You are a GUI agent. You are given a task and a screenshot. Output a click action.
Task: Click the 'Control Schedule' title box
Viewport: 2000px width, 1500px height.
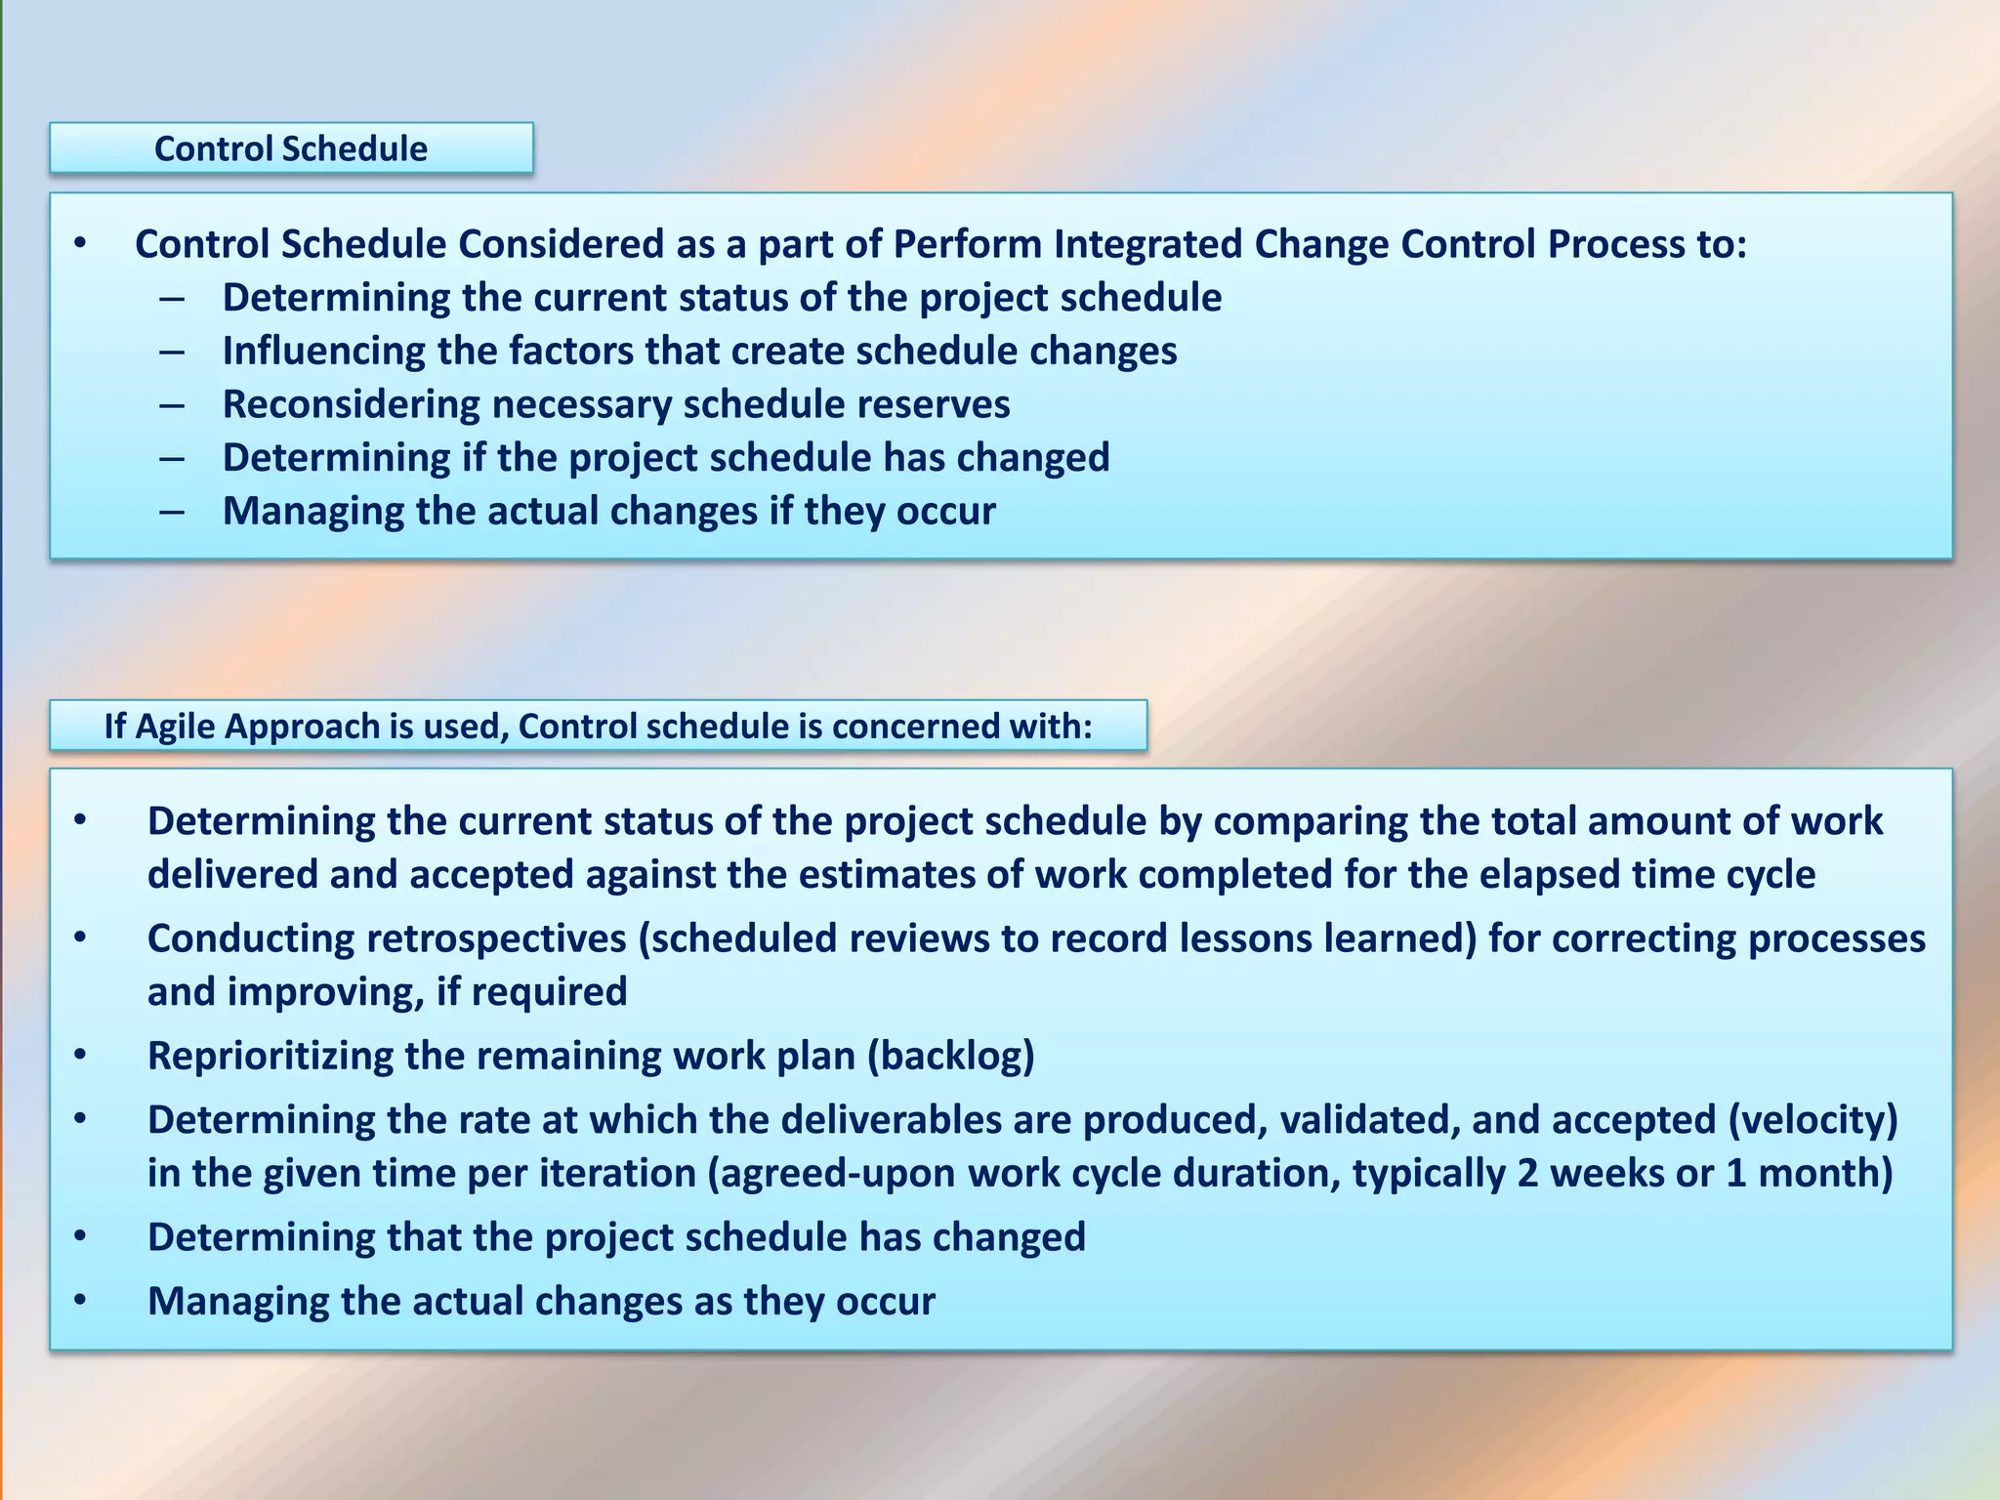coord(291,148)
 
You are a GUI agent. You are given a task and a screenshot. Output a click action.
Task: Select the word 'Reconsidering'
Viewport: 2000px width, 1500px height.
coord(351,404)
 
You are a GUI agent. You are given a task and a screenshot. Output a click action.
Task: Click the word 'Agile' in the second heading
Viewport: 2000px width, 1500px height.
coord(178,727)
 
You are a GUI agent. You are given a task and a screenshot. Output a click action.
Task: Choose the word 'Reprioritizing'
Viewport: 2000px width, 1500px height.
coord(270,1056)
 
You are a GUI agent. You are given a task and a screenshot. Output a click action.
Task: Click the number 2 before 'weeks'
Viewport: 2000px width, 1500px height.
coord(1527,1173)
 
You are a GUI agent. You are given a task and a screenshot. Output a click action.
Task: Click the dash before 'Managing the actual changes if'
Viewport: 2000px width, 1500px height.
coord(172,512)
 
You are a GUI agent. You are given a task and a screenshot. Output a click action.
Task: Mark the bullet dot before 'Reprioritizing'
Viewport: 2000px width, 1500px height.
coord(80,1056)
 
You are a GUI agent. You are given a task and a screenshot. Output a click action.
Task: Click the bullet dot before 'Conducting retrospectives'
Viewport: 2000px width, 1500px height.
coord(80,938)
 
